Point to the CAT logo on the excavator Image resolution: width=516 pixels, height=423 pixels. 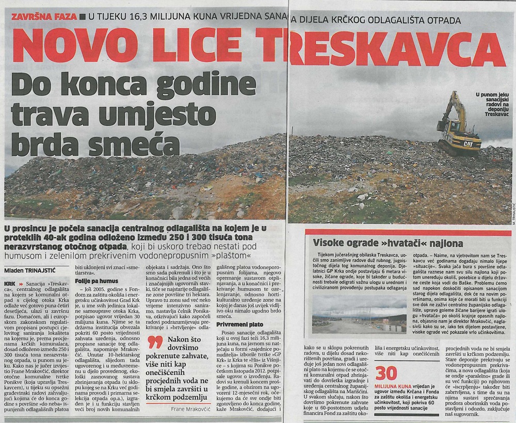click(468, 144)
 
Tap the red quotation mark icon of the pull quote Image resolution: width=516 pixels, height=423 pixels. click(155, 342)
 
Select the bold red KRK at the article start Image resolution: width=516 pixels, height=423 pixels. click(9, 284)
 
